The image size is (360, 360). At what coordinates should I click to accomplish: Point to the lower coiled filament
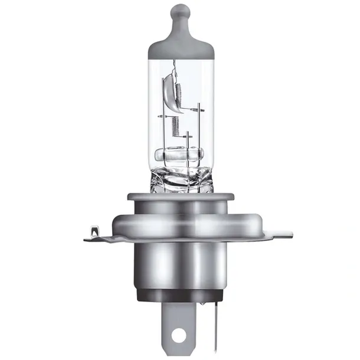pos(175,125)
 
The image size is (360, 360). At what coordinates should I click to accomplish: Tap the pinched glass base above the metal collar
pos(179,177)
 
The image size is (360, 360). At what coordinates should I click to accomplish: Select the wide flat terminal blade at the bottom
pos(179,328)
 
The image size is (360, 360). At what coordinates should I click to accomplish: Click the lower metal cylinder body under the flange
pos(179,266)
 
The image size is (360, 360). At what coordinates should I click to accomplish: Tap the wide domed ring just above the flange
pos(179,221)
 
